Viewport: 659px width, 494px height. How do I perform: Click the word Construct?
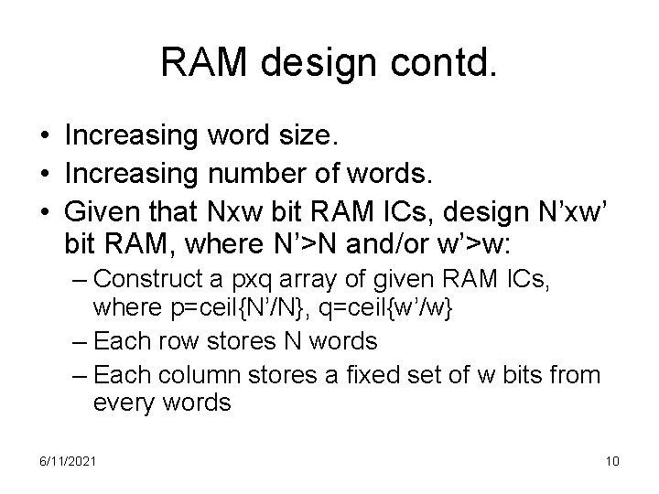click(x=146, y=279)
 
